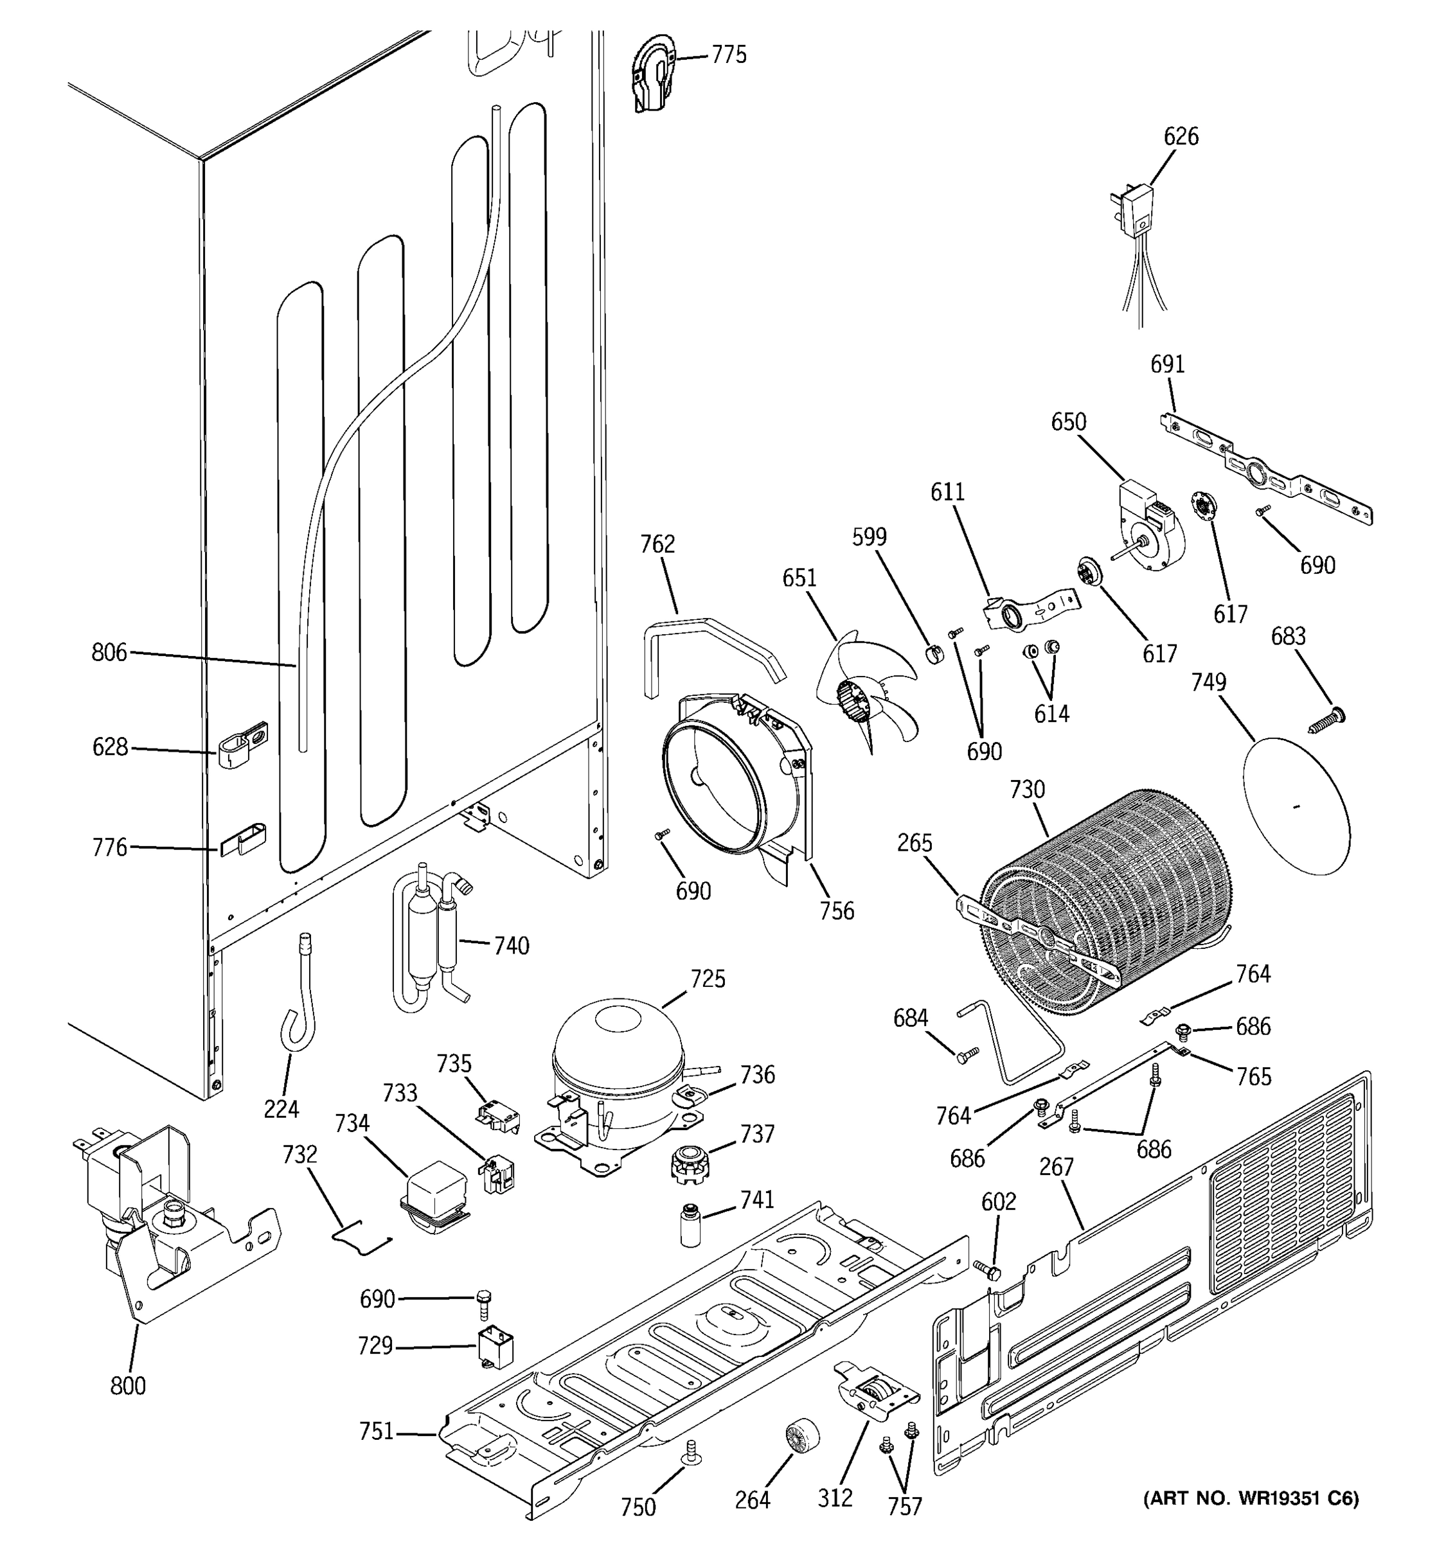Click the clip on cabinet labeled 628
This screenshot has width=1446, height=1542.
point(243,744)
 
